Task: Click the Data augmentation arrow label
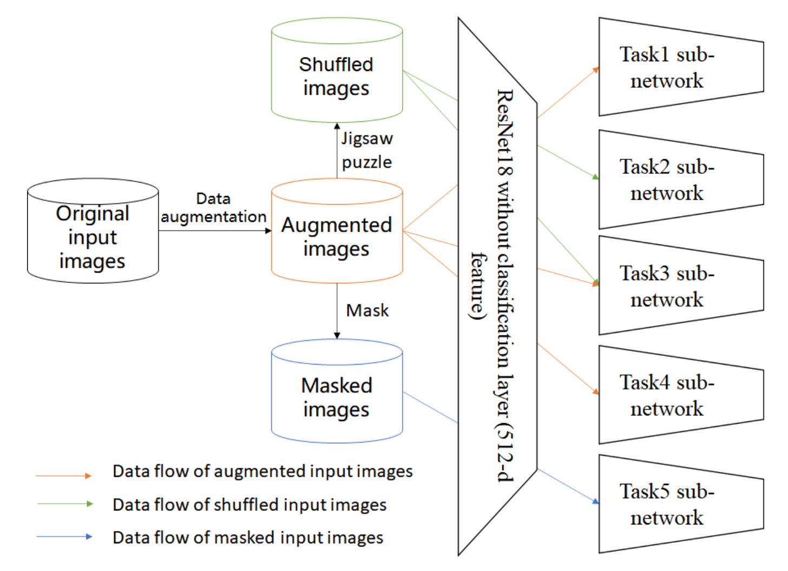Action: tap(213, 208)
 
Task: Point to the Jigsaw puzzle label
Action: tap(367, 150)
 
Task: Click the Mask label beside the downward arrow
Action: tap(367, 310)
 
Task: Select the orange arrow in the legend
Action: tap(64, 476)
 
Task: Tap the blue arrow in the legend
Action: tap(64, 537)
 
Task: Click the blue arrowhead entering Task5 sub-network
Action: tap(595, 501)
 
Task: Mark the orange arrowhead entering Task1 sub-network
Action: tap(596, 69)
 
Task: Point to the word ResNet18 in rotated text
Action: tap(504, 132)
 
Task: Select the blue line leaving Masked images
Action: tap(430, 407)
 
